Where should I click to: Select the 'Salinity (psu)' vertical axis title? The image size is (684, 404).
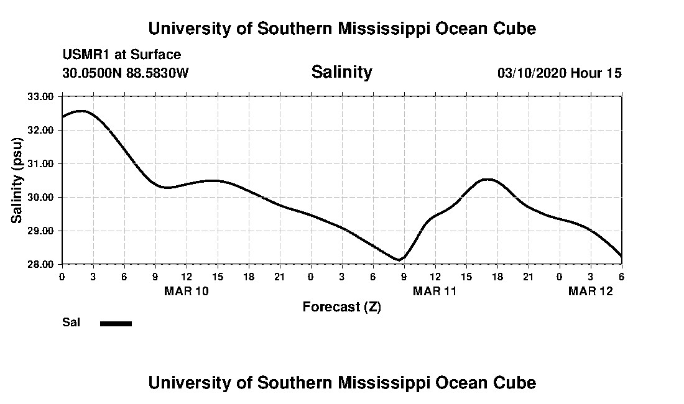coord(17,180)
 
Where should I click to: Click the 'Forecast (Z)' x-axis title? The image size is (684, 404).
coord(341,307)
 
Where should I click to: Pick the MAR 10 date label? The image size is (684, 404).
coord(187,291)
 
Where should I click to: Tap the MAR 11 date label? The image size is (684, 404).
coord(435,291)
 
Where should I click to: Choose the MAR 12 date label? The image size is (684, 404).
coord(590,291)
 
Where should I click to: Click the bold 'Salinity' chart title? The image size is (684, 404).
coord(341,72)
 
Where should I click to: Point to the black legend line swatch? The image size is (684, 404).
coord(116,323)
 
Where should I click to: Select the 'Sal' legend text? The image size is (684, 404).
coord(71,323)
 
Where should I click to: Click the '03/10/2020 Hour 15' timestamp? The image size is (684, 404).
coord(559,73)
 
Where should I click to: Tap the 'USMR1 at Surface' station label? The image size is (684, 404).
coord(121,55)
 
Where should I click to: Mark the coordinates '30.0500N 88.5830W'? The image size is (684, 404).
coord(125,73)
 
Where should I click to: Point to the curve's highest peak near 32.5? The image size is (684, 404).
coord(81,111)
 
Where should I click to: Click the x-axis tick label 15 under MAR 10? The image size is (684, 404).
coord(217,276)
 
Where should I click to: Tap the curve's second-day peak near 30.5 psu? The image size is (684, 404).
coord(488,179)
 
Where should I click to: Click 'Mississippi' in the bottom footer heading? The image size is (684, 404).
coord(378,382)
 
